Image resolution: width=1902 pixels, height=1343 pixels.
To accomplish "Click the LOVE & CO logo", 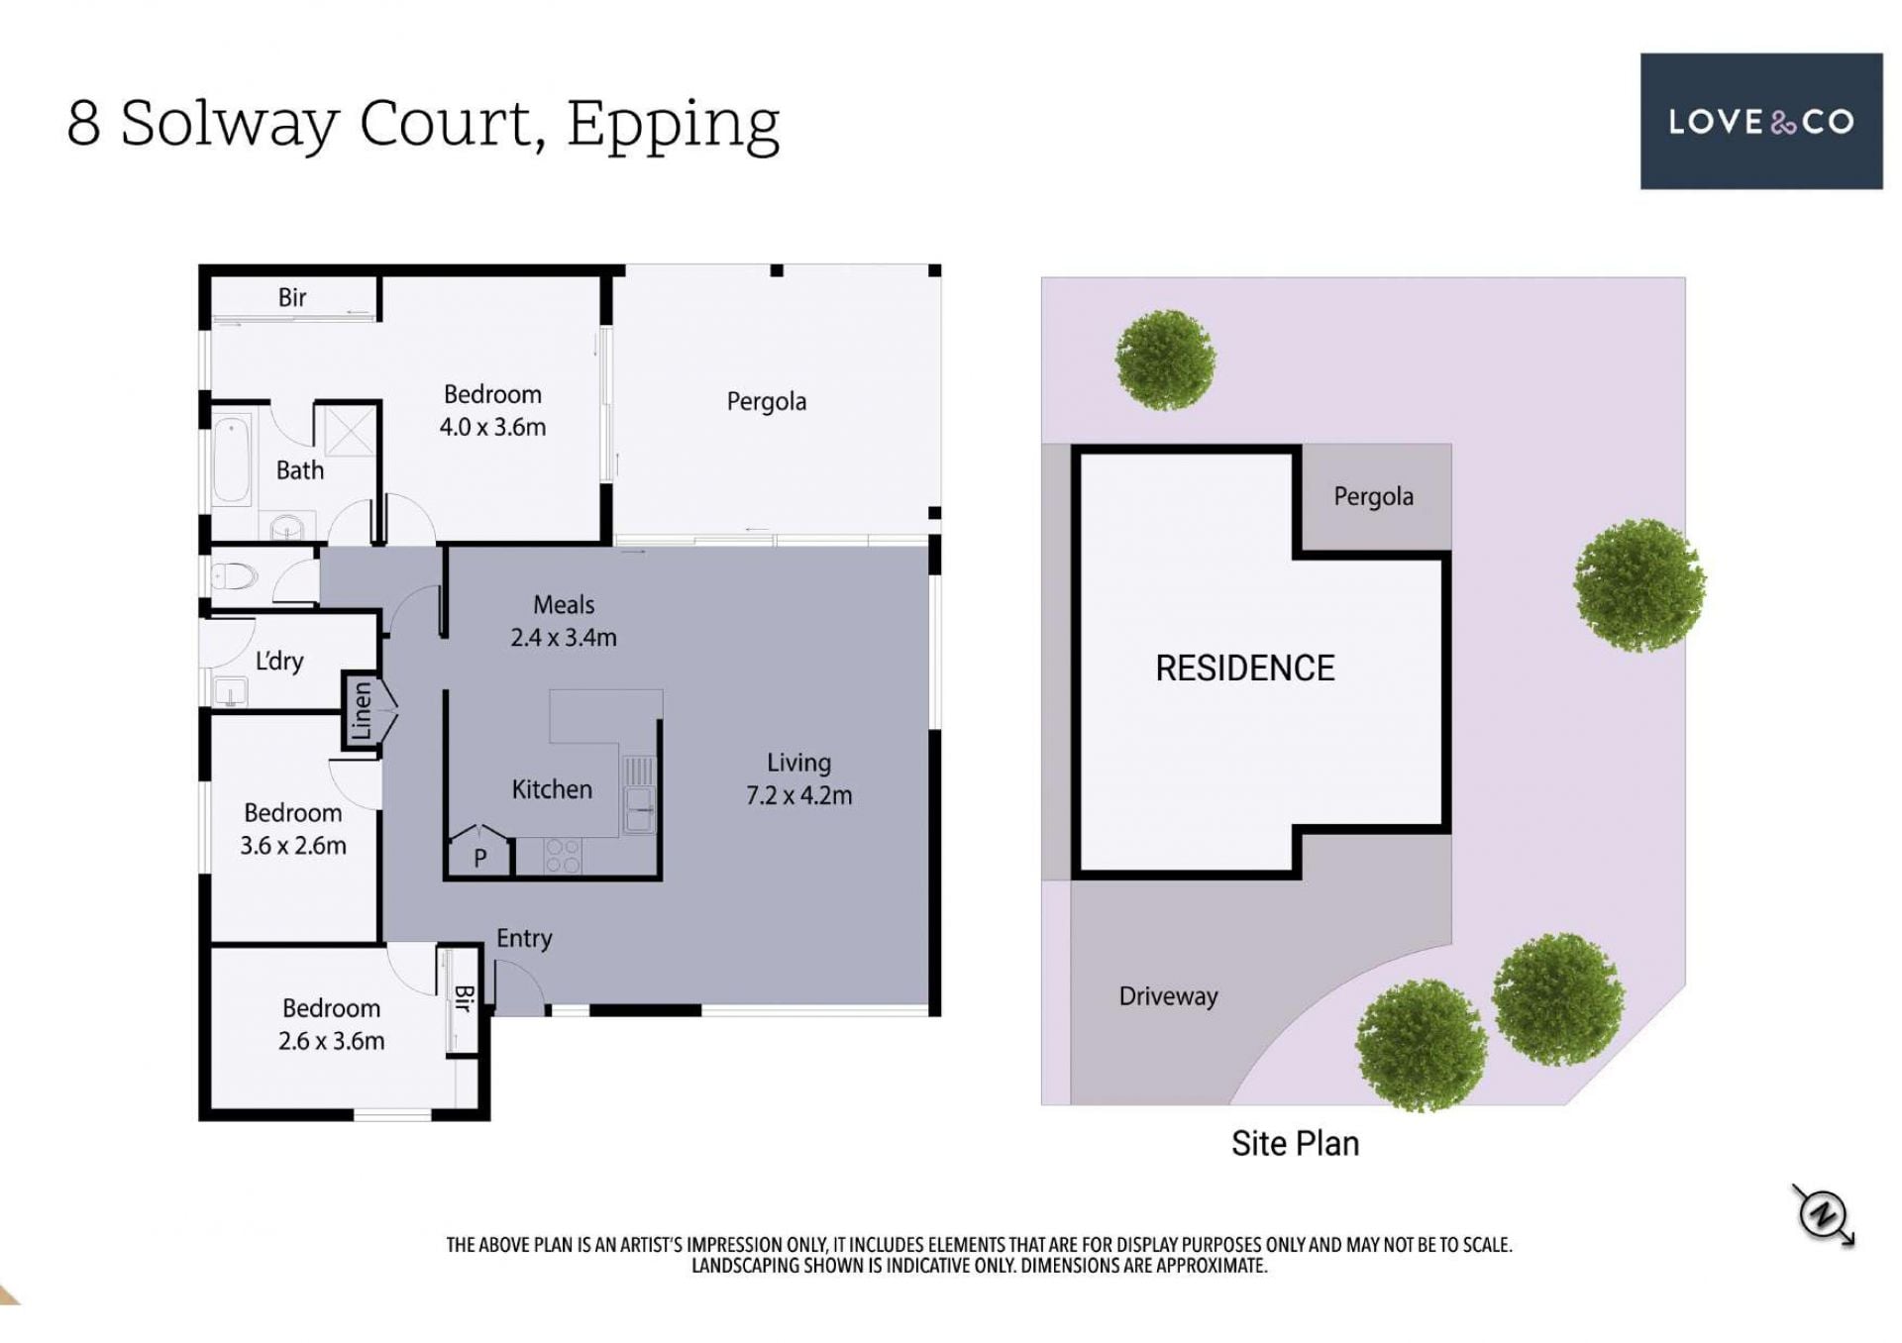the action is click(1760, 121).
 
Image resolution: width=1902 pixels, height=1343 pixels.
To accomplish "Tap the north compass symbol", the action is click(1823, 1213).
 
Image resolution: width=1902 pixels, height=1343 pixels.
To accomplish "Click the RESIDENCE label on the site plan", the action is click(1244, 669).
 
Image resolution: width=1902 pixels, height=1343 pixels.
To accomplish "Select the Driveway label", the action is click(1168, 996).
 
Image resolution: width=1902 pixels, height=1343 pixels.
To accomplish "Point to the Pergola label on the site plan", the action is click(1373, 496).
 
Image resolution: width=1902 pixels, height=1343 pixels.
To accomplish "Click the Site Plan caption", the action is click(1295, 1143).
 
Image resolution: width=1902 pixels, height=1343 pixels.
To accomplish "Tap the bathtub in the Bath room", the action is click(232, 460).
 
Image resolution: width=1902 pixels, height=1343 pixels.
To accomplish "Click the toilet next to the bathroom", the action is click(235, 575).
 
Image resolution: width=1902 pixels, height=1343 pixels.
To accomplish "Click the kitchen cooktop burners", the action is click(563, 856).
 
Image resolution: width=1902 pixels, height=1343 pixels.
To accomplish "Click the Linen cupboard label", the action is click(362, 710).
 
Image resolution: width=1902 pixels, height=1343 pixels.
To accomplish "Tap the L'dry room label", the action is click(279, 661).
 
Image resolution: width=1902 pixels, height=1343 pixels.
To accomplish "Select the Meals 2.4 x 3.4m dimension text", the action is click(564, 621).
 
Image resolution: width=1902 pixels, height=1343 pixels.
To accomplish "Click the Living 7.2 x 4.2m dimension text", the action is click(798, 778).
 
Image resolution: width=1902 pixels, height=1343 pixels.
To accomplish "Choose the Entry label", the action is click(524, 938).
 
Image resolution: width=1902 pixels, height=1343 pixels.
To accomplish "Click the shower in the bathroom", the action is click(346, 430).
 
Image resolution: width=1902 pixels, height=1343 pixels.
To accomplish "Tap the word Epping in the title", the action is click(674, 125).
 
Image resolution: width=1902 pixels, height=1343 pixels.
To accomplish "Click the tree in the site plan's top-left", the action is click(1165, 360).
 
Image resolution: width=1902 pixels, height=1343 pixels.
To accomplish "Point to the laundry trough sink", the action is click(231, 689).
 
